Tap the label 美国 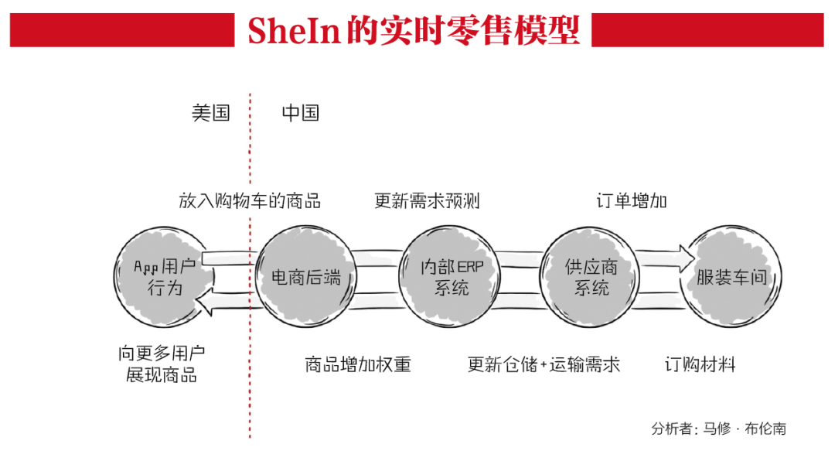coord(211,113)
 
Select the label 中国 coord(301,113)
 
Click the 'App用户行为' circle coord(165,278)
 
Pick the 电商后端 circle coord(306,278)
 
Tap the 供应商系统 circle coord(591,278)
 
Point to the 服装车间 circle coord(731,278)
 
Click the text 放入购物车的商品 coord(250,202)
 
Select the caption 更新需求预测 coord(428,202)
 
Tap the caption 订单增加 coord(632,202)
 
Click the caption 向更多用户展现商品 coord(162,365)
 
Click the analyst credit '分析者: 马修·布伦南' coord(719,429)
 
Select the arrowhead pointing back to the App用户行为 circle coord(203,301)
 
